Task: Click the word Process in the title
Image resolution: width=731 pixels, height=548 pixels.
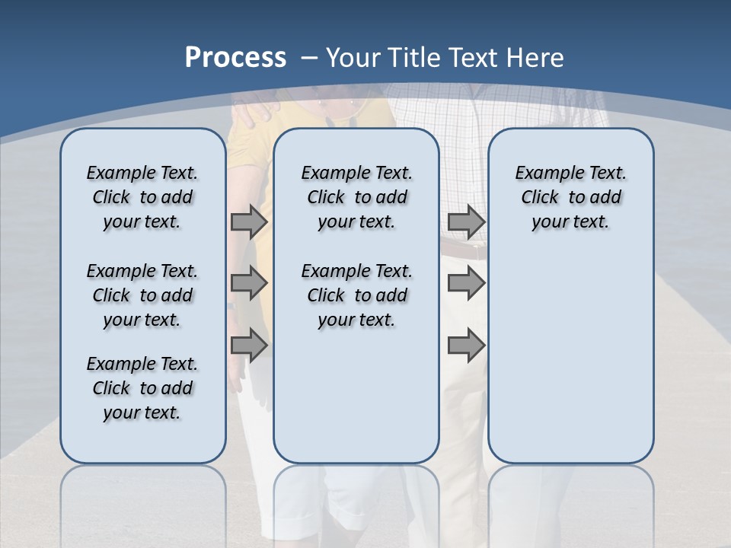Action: click(x=235, y=57)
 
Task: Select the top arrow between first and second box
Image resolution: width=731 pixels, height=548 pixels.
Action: click(x=249, y=222)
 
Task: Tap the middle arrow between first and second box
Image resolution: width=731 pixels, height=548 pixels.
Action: click(x=249, y=283)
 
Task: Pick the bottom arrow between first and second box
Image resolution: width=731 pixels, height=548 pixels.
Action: click(x=249, y=345)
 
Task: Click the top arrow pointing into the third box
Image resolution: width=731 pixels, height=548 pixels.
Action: click(x=466, y=222)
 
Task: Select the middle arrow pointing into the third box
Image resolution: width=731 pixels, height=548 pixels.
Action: click(x=466, y=283)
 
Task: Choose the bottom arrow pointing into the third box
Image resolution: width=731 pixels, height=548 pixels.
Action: click(x=466, y=345)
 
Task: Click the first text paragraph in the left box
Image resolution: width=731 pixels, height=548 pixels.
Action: click(x=142, y=197)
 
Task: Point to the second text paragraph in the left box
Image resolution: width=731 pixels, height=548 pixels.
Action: click(x=142, y=295)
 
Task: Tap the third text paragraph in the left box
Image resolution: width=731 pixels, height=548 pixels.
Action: click(x=142, y=388)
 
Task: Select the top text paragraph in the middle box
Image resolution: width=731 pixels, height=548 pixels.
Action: click(x=356, y=197)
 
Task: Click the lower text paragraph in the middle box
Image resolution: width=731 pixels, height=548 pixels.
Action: click(x=356, y=295)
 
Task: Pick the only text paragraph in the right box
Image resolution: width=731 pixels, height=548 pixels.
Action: click(x=570, y=197)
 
